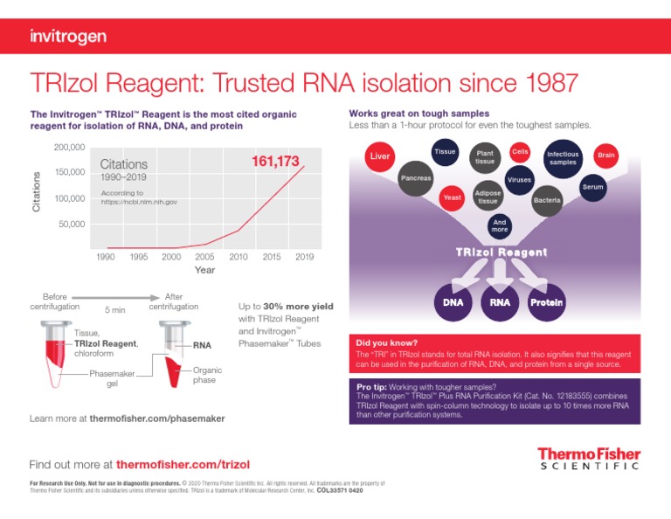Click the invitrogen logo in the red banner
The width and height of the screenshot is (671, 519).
pyautogui.click(x=68, y=36)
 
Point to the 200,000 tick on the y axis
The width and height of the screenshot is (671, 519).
pyautogui.click(x=68, y=147)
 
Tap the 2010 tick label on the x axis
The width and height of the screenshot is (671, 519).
pyautogui.click(x=238, y=256)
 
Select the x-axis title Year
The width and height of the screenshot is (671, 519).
pyautogui.click(x=204, y=270)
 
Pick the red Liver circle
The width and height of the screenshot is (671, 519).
pyautogui.click(x=380, y=156)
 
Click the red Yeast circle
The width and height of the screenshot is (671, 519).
pyautogui.click(x=452, y=197)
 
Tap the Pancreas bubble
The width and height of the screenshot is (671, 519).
pyautogui.click(x=416, y=178)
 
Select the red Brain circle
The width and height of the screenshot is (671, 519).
pyautogui.click(x=605, y=156)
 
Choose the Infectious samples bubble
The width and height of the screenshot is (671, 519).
pyautogui.click(x=561, y=158)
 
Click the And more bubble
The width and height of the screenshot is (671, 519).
pyautogui.click(x=499, y=226)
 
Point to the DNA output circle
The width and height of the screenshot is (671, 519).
pyautogui.click(x=453, y=303)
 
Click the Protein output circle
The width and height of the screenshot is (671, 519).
pyautogui.click(x=546, y=303)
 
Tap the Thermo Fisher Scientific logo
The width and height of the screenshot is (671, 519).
pyautogui.click(x=588, y=459)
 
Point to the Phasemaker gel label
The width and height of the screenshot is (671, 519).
pyautogui.click(x=112, y=378)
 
